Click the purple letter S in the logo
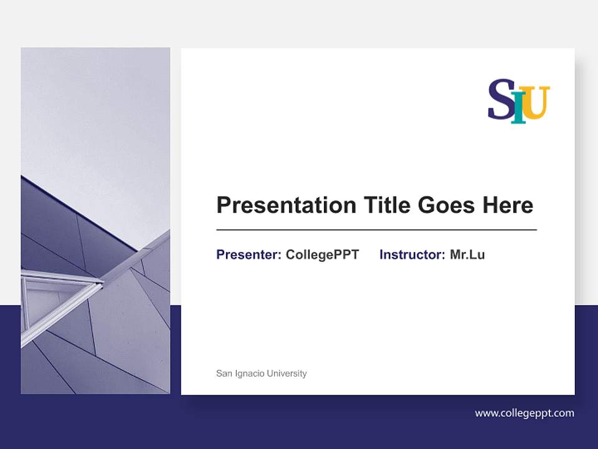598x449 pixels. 500,99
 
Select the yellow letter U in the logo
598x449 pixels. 536,102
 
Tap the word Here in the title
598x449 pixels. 505,205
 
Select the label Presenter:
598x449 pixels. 249,254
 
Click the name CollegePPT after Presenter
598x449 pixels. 322,254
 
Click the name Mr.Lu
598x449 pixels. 467,254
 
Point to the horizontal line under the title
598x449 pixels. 376,230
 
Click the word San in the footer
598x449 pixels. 224,374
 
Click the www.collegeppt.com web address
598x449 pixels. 524,413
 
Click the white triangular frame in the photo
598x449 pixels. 59,299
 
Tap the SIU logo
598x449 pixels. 518,101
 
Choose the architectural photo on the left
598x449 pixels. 95,221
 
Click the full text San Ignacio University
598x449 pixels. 261,374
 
